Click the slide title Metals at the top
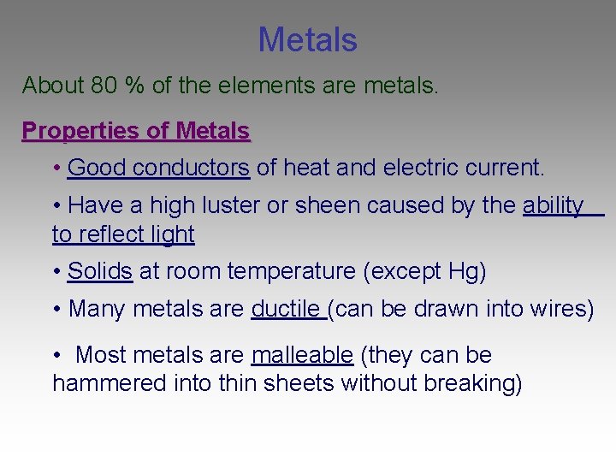pos(307,39)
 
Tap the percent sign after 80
pos(134,86)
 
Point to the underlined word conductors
pos(192,168)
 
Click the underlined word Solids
pos(99,271)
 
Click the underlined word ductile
pos(286,309)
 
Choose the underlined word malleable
pos(302,355)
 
